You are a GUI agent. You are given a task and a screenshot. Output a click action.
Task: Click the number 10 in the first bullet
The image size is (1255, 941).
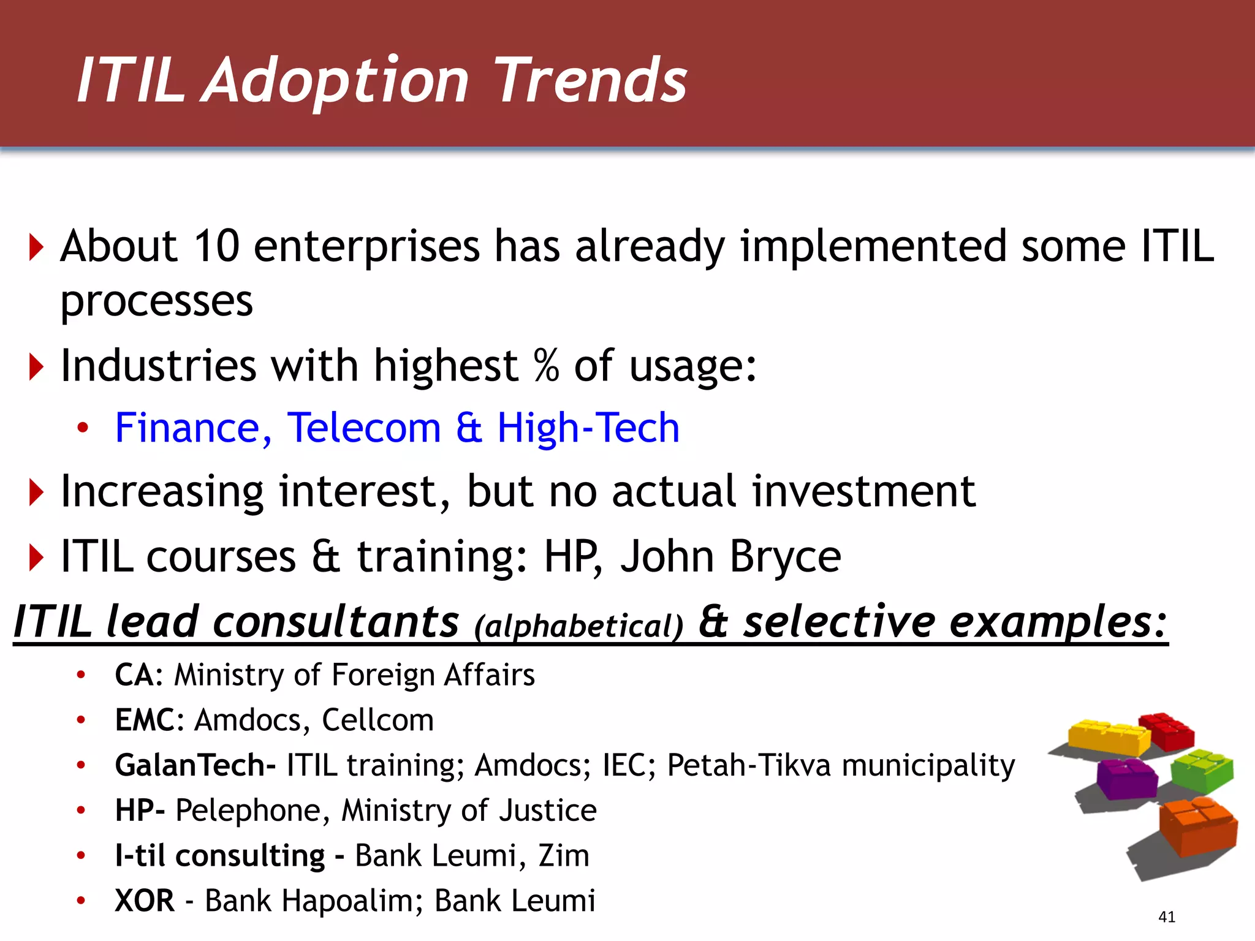[x=216, y=246]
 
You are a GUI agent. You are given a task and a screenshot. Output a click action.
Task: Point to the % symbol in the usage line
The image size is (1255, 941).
[x=546, y=365]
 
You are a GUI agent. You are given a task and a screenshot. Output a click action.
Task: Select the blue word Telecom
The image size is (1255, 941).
[x=364, y=428]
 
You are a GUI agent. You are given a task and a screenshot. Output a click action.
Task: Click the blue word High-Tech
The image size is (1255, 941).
[x=588, y=428]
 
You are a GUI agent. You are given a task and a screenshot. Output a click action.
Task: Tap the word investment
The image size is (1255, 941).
[x=863, y=492]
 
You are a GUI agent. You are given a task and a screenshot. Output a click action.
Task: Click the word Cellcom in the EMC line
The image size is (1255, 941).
[x=377, y=720]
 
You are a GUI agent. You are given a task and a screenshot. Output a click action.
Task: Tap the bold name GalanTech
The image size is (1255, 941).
[x=190, y=765]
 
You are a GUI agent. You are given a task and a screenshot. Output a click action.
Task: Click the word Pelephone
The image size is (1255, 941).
[x=248, y=811]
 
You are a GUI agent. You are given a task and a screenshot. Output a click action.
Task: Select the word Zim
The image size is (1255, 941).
[x=564, y=856]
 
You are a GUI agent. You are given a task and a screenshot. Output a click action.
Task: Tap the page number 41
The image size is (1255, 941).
[x=1167, y=917]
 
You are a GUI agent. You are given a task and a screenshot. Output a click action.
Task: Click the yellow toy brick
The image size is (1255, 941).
[x=1108, y=737]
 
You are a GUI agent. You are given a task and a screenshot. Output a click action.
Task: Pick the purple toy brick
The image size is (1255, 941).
[x=1126, y=778]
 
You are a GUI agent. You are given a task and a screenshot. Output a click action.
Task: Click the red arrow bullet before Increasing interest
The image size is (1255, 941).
[x=37, y=493]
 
